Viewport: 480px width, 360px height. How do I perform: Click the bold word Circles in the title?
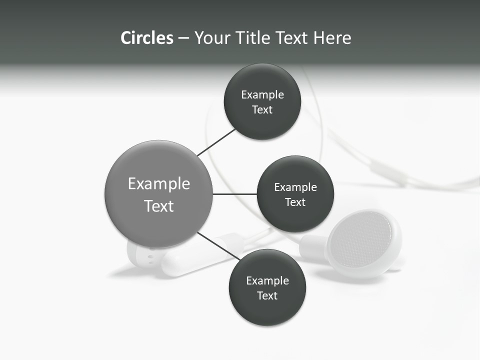coord(146,38)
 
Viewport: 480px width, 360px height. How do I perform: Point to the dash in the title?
coord(183,38)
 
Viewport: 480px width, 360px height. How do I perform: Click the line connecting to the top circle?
coord(216,142)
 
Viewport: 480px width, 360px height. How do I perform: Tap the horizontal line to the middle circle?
coord(235,194)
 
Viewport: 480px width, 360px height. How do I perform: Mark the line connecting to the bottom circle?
coord(218,245)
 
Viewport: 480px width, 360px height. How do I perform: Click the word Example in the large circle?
coord(159,184)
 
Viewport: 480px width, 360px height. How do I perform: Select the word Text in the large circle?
coord(159,206)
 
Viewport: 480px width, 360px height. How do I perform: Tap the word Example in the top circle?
coord(262,95)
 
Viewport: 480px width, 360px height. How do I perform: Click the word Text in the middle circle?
coord(295,202)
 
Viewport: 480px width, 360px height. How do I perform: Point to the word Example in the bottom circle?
coord(267,281)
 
